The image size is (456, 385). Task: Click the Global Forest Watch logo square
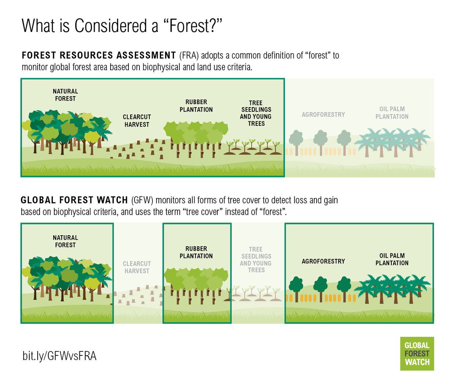coord(417,353)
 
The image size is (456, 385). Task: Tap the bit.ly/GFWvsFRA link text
coord(59,356)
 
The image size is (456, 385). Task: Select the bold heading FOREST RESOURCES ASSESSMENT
coord(99,55)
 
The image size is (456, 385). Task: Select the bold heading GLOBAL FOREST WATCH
coord(74,200)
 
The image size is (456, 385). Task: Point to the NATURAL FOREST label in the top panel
coord(65,95)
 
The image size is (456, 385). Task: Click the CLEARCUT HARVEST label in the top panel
coord(137,120)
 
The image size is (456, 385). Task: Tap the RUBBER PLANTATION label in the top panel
coord(196,106)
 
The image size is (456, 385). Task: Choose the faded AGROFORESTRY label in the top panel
coord(323,114)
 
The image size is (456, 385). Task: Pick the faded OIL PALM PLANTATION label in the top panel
coord(392,112)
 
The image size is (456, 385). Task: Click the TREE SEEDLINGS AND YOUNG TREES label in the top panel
coord(256,113)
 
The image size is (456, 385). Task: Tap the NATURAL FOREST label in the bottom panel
coord(65,241)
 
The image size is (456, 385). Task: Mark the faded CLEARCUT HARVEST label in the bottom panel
coord(137,267)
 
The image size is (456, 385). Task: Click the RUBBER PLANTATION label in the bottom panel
coord(196,252)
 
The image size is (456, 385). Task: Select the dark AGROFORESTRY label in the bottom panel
coord(323,261)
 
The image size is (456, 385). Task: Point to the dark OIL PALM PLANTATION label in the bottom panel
coord(392,259)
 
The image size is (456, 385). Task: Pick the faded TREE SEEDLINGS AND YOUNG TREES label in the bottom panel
coord(256,260)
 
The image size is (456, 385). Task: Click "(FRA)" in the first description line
coord(189,55)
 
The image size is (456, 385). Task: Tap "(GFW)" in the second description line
coord(142,200)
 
